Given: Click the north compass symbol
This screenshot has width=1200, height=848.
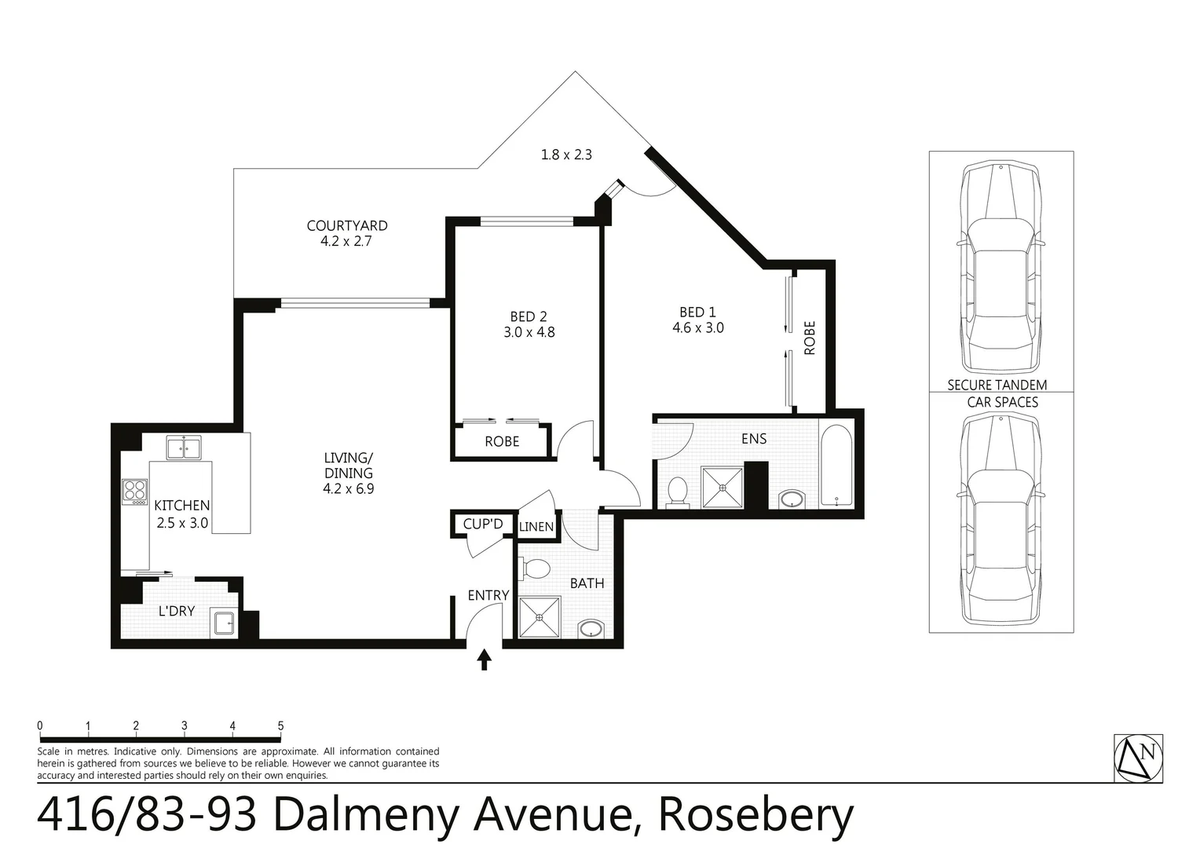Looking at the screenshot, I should pos(1139,758).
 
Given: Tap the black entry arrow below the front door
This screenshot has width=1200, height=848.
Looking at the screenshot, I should pos(485,660).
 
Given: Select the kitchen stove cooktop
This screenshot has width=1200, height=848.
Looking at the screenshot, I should pos(134,491).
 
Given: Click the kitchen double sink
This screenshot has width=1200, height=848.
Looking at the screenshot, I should pos(184,448).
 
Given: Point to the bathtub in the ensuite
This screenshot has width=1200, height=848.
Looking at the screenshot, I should pos(836,466).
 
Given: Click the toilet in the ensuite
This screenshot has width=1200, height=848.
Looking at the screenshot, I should pos(677,492).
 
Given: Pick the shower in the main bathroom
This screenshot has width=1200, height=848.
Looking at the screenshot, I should pos(540,618).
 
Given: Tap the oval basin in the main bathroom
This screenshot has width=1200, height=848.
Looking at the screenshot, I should pos(590,629).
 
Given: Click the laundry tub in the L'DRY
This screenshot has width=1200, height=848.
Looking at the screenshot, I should pos(225,623).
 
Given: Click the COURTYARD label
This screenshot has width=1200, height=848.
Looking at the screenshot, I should pos(346,226).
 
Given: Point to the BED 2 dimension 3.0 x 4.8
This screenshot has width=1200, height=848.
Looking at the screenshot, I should pos(529,333).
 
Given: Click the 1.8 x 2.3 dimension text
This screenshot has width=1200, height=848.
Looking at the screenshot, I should pos(566,155).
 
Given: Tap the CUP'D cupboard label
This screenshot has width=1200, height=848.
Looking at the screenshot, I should pos(483,524).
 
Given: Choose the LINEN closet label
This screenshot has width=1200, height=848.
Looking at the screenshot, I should pos(536,527).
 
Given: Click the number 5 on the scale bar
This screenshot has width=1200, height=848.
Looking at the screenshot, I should pos(280,726).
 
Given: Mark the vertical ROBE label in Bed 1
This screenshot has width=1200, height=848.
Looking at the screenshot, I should pos(810,338).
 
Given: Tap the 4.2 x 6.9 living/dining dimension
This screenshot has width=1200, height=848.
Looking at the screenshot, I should pos(349,489).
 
